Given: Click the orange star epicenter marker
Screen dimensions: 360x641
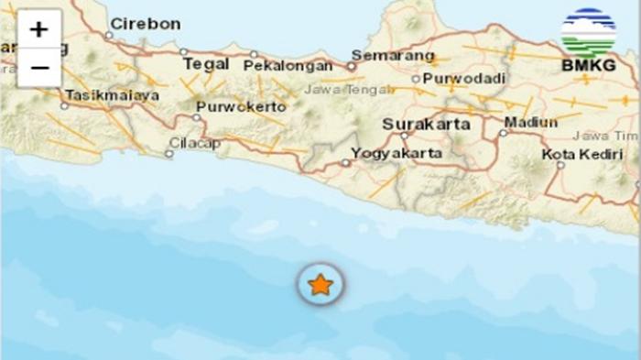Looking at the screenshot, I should click(x=320, y=285).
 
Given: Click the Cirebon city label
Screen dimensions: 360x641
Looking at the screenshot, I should click(x=145, y=24).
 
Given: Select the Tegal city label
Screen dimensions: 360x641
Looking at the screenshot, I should click(x=205, y=64).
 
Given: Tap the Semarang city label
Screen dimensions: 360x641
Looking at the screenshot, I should click(x=393, y=56).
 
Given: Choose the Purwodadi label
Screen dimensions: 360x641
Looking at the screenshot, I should click(x=458, y=79).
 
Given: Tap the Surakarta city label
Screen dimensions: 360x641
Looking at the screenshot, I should click(x=427, y=124).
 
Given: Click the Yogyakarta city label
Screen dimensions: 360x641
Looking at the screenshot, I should click(x=397, y=153).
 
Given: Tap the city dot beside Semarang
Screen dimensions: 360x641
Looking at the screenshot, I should click(x=351, y=66).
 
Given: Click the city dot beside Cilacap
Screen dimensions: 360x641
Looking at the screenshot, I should click(x=168, y=154).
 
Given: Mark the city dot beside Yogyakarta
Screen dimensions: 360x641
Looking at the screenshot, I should click(x=345, y=163).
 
